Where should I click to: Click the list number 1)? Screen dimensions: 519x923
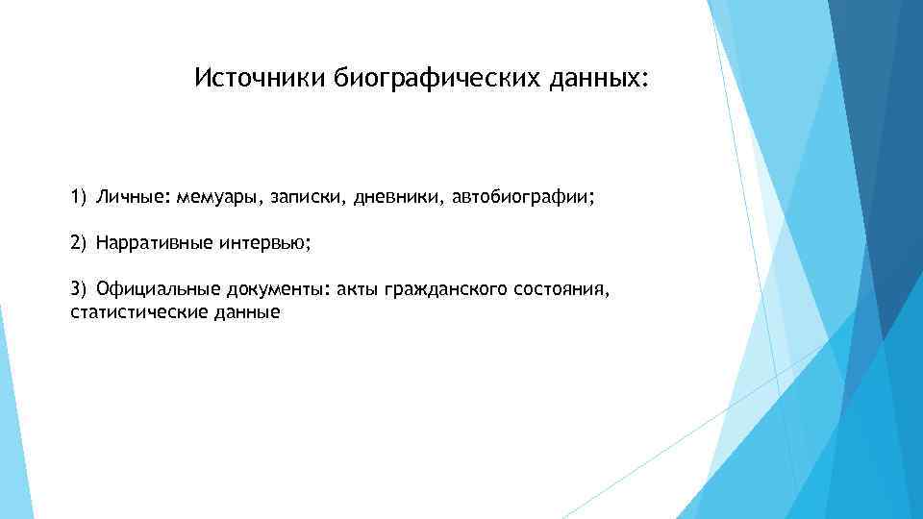click(x=79, y=198)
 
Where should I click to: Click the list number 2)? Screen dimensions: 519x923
click(x=79, y=244)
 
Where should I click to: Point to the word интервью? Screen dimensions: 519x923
click(x=263, y=244)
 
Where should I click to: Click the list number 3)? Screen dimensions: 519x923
click(x=79, y=290)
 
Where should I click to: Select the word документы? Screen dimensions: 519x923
click(x=279, y=290)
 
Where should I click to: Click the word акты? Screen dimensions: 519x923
click(x=358, y=290)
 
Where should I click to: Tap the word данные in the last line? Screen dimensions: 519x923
click(x=246, y=312)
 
